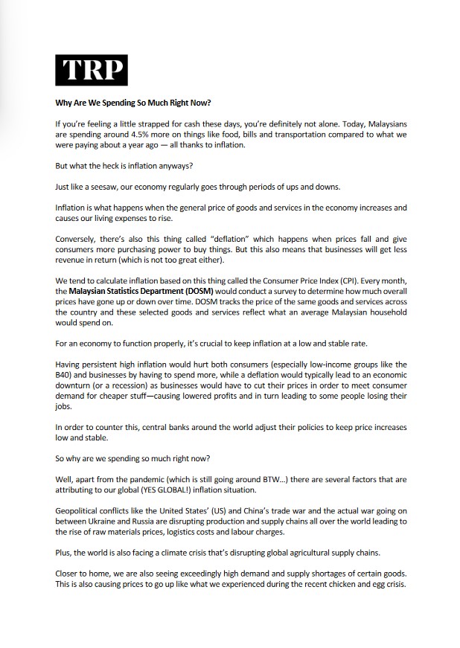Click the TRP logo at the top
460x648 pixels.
92,71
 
